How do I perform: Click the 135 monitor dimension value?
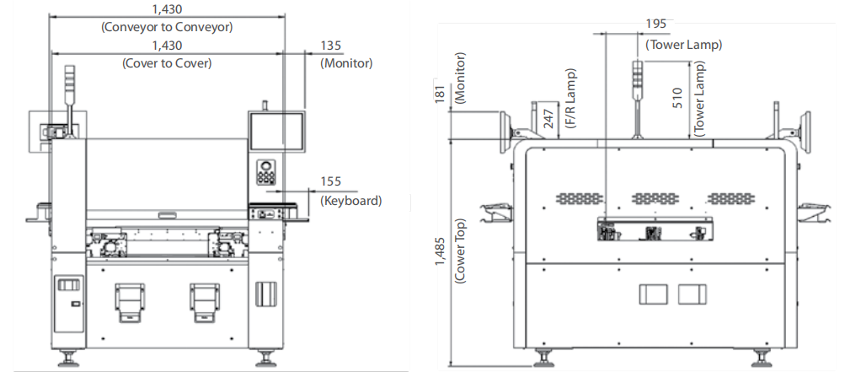[x=332, y=46]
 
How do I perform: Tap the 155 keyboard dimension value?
[x=331, y=181]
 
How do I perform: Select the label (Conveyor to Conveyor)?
[x=167, y=27]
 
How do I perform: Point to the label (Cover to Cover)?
[x=167, y=62]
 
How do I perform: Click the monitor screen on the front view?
[x=276, y=132]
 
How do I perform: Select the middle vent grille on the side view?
[x=655, y=198]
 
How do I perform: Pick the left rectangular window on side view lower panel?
[x=654, y=294]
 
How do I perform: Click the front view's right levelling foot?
[x=267, y=359]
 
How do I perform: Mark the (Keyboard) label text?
[x=351, y=200]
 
